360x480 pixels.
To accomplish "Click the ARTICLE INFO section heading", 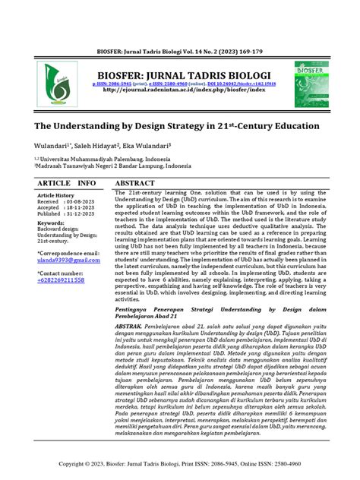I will (x=67, y=184).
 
